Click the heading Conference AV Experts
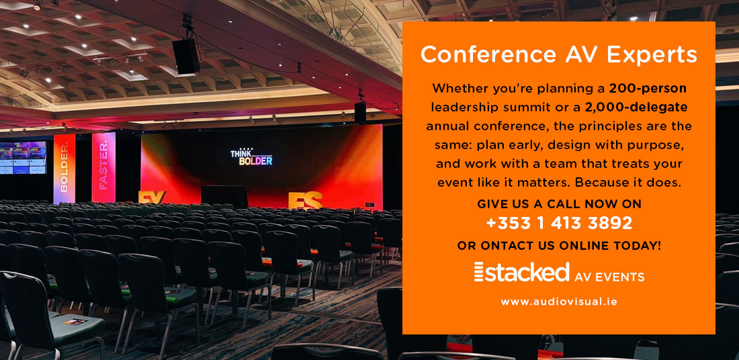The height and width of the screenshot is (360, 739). pyautogui.click(x=558, y=55)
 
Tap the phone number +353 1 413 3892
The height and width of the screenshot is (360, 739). pyautogui.click(x=558, y=223)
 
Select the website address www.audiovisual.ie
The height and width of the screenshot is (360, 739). pyautogui.click(x=558, y=302)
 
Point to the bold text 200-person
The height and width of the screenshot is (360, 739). pyautogui.click(x=648, y=88)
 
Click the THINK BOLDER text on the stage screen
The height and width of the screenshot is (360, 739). pyautogui.click(x=251, y=157)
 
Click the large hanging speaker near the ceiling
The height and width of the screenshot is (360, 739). pyautogui.click(x=186, y=56)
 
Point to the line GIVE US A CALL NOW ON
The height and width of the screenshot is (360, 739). pyautogui.click(x=558, y=204)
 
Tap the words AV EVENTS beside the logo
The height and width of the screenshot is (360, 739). pyautogui.click(x=609, y=276)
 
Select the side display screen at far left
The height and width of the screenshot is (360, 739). pyautogui.click(x=23, y=158)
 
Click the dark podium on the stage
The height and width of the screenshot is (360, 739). pyautogui.click(x=224, y=196)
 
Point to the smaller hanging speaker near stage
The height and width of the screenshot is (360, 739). pyautogui.click(x=361, y=112)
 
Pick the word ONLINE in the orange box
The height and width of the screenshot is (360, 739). pyautogui.click(x=583, y=246)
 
